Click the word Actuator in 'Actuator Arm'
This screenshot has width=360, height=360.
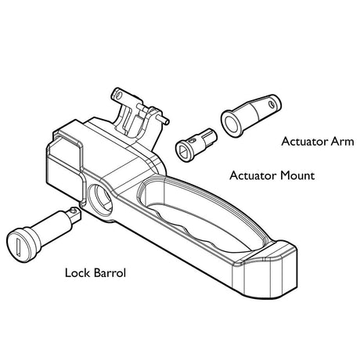tap(304, 142)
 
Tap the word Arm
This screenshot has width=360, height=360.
tap(343, 142)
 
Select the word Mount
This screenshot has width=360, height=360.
tap(297, 175)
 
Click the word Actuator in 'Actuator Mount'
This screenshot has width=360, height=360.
tap(253, 175)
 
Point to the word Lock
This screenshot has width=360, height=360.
tap(77, 273)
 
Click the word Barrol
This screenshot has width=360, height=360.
tap(110, 273)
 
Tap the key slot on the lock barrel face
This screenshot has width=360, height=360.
tap(19, 246)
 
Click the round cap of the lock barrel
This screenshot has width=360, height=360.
tap(22, 245)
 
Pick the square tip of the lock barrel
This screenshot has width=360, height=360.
tap(74, 215)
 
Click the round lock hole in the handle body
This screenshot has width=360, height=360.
tap(100, 198)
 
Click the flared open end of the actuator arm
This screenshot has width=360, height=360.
tap(232, 124)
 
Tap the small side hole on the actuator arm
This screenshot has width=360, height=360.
tap(272, 104)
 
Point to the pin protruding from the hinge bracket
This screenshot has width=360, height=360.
tap(163, 119)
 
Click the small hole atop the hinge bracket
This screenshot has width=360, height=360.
tap(118, 94)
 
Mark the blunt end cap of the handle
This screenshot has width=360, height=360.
tap(268, 272)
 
